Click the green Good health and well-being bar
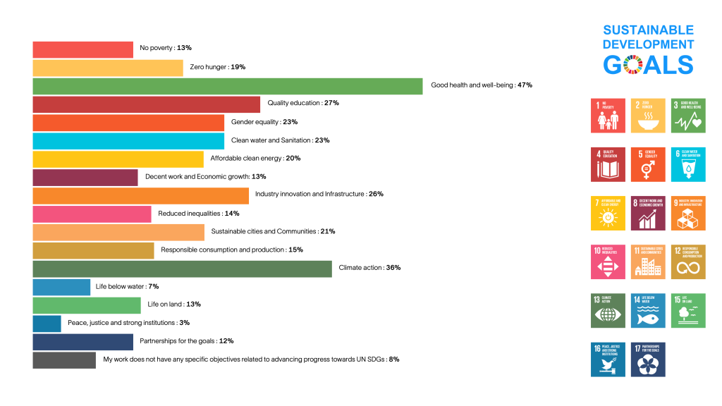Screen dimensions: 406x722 pos(227,85)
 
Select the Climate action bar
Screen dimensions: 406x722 pos(182,269)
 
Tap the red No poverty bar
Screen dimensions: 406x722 pos(82,49)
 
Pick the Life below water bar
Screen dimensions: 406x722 pos(61,287)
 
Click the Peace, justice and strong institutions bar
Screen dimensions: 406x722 pos(47,324)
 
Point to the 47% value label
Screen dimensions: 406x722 pos(525,85)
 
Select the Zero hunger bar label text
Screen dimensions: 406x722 pos(217,67)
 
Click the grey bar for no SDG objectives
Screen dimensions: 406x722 pos(64,360)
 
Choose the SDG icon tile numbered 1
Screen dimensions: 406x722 pos(607,116)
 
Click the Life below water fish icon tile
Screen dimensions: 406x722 pos(647,311)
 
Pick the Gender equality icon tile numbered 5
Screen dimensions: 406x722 pos(647,164)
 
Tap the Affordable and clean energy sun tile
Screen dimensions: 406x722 pos(607,213)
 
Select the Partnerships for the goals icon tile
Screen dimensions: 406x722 pos(647,359)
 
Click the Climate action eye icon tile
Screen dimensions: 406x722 pos(607,311)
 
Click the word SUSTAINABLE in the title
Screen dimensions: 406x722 pos(648,30)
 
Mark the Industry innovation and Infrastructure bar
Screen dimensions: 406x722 pos(140,195)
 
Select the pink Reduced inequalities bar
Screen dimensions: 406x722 pos(92,214)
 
